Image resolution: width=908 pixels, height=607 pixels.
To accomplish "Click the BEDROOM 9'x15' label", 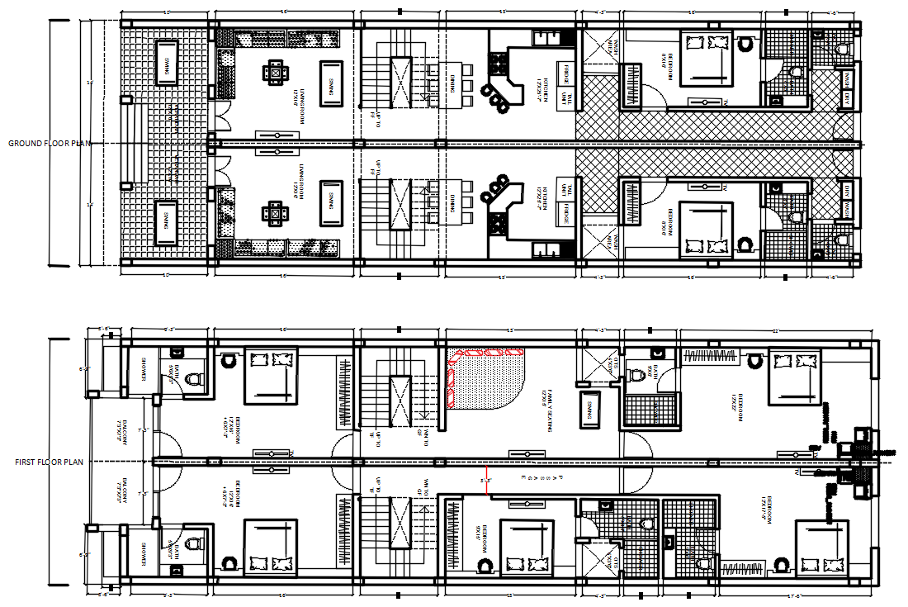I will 480,532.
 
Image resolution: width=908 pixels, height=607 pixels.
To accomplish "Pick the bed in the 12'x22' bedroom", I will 794,377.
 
